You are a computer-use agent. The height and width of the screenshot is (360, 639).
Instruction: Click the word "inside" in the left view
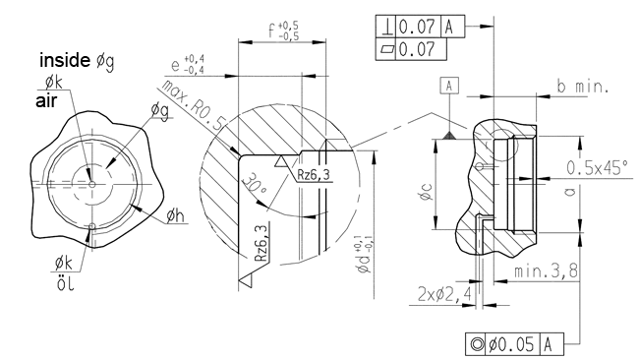[64, 60]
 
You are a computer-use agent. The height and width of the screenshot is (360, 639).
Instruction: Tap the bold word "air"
[46, 101]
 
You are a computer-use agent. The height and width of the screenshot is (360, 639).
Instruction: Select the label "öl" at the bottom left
[66, 283]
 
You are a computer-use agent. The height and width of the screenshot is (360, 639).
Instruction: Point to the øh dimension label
[175, 215]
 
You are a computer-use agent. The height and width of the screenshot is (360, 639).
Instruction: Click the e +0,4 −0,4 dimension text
[187, 65]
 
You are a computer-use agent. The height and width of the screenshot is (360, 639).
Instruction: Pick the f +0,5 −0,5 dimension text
[283, 31]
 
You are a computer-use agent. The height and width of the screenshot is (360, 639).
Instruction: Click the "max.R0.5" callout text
[193, 104]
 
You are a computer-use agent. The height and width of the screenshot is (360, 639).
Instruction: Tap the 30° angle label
[255, 186]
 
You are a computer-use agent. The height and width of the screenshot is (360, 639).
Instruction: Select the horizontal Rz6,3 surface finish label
[313, 175]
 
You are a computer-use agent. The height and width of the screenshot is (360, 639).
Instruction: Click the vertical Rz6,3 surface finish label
[261, 243]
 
